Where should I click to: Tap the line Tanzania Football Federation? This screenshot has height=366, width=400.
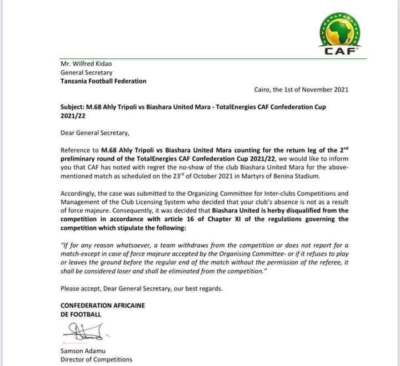point(103,81)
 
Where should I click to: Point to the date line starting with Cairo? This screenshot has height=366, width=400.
point(302,90)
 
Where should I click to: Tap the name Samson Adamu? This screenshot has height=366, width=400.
point(84,350)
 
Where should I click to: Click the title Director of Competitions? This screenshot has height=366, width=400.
point(97,359)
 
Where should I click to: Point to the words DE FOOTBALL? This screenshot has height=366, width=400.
point(82,314)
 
